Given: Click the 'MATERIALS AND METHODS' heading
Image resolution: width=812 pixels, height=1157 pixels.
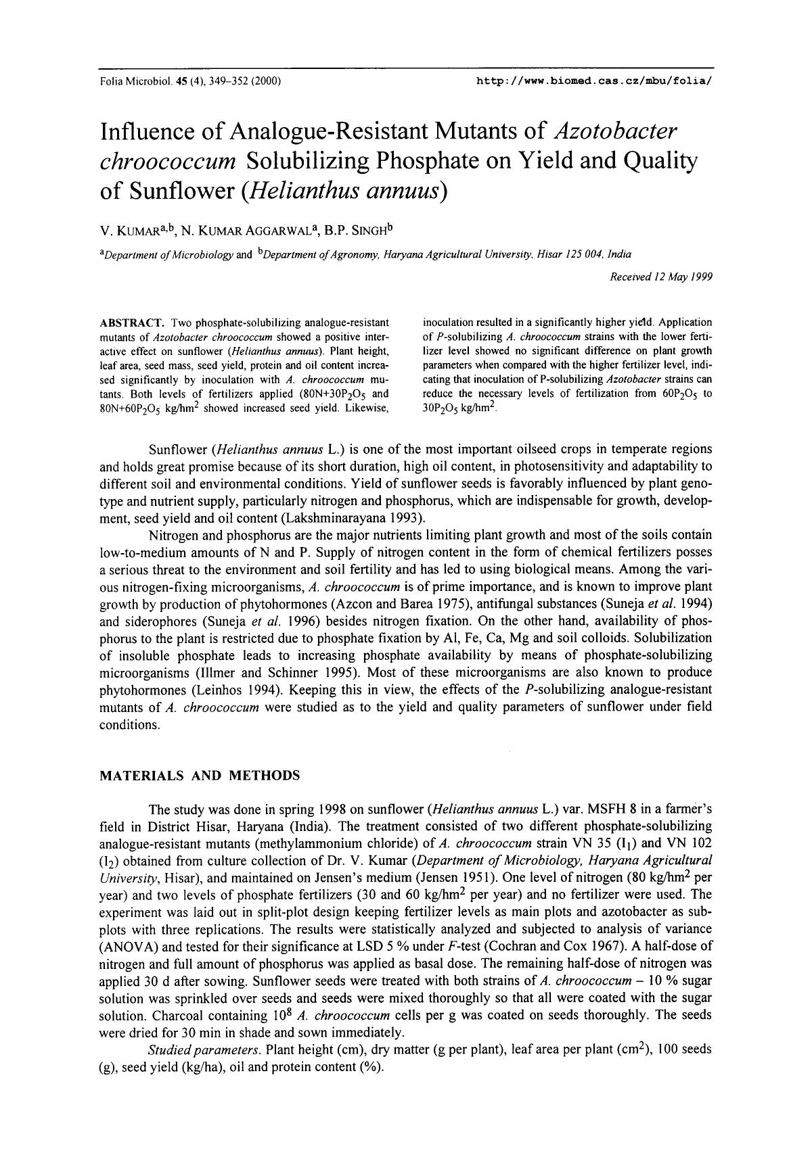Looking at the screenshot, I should click(x=200, y=776).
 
